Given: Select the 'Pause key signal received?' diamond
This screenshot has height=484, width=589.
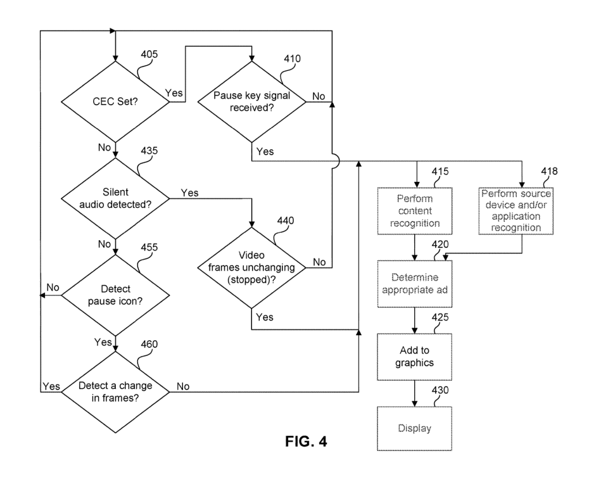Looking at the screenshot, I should pyautogui.click(x=251, y=101).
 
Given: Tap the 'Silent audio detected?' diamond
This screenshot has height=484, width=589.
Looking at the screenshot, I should pyautogui.click(x=115, y=200).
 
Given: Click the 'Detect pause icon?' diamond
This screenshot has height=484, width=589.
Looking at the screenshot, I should pyautogui.click(x=115, y=296).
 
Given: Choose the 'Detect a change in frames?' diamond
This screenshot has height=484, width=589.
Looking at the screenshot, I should pyautogui.click(x=115, y=392).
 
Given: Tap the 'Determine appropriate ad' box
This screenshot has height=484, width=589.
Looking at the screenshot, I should pyautogui.click(x=414, y=283).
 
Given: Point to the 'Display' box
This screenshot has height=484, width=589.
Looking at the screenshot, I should pyautogui.click(x=414, y=429).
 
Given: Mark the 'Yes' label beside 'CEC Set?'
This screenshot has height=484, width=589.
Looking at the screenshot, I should pyautogui.click(x=174, y=92).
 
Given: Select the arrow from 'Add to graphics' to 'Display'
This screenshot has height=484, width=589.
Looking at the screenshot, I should pyautogui.click(x=414, y=392).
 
